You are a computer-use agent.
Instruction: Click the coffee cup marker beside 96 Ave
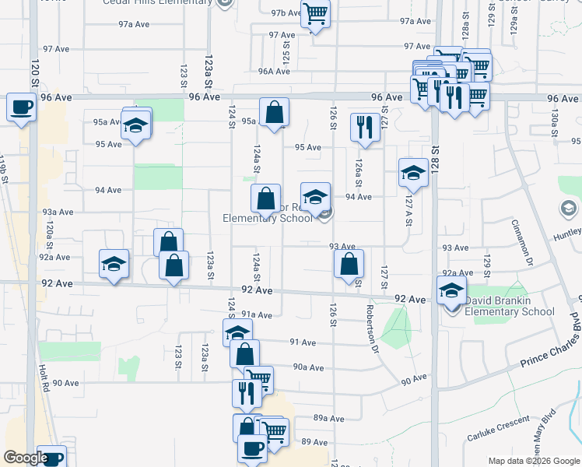(21, 107)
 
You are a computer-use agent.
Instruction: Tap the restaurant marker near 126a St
(365, 127)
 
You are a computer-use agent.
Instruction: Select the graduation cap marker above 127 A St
(413, 174)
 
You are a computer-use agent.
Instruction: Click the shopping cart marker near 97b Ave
(315, 14)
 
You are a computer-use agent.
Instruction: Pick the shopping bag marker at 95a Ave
(274, 112)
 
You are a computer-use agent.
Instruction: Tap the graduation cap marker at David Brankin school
(452, 291)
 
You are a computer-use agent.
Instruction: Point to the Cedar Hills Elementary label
(158, 2)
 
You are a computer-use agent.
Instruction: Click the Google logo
(25, 458)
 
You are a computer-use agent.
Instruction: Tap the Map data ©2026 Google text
(534, 460)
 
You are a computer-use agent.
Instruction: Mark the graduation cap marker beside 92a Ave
(114, 264)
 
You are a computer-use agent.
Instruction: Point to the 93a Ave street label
(58, 212)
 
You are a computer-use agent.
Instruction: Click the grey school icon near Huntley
(569, 209)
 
